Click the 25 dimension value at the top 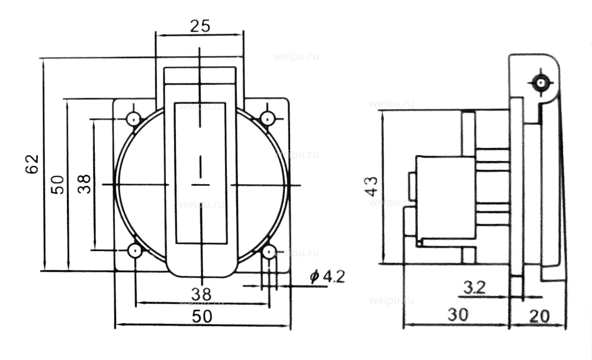tap(200, 25)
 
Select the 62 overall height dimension tap(32, 164)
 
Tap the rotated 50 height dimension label tap(57, 184)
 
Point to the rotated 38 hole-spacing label tap(84, 184)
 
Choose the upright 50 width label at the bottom tap(202, 316)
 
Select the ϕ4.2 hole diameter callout tap(326, 277)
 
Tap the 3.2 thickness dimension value tap(474, 288)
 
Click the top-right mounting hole tap(269, 117)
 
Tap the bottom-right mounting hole tap(269, 252)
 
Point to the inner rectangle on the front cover tap(201, 174)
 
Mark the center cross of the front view tap(201, 185)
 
